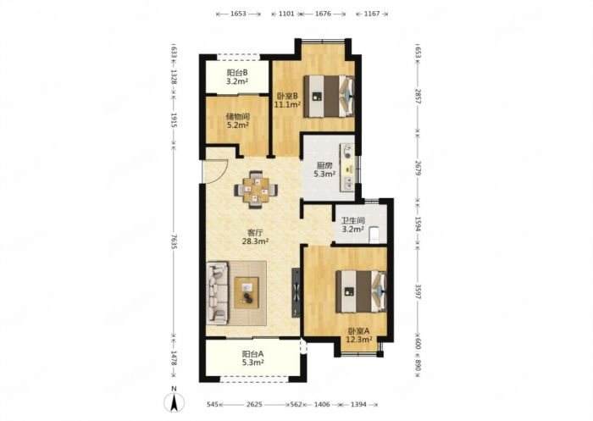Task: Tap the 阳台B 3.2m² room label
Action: coord(237,77)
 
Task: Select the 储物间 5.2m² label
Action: coord(238,120)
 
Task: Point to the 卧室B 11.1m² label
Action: coord(287,100)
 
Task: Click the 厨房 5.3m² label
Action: coord(324,169)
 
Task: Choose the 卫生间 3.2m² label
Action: coord(353,224)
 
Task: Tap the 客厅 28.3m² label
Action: coord(255,237)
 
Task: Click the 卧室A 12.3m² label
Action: coord(359,335)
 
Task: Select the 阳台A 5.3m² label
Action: coord(252,358)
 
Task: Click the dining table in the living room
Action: coord(256,190)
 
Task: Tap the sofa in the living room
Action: coord(218,293)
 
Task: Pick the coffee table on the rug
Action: coord(247,292)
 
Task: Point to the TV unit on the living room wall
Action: coord(296,292)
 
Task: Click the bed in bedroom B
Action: coord(329,97)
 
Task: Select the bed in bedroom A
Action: coord(361,291)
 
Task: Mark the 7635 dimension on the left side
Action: coord(174,241)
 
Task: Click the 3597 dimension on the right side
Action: coord(418,291)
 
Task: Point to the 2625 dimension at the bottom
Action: coord(254,404)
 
